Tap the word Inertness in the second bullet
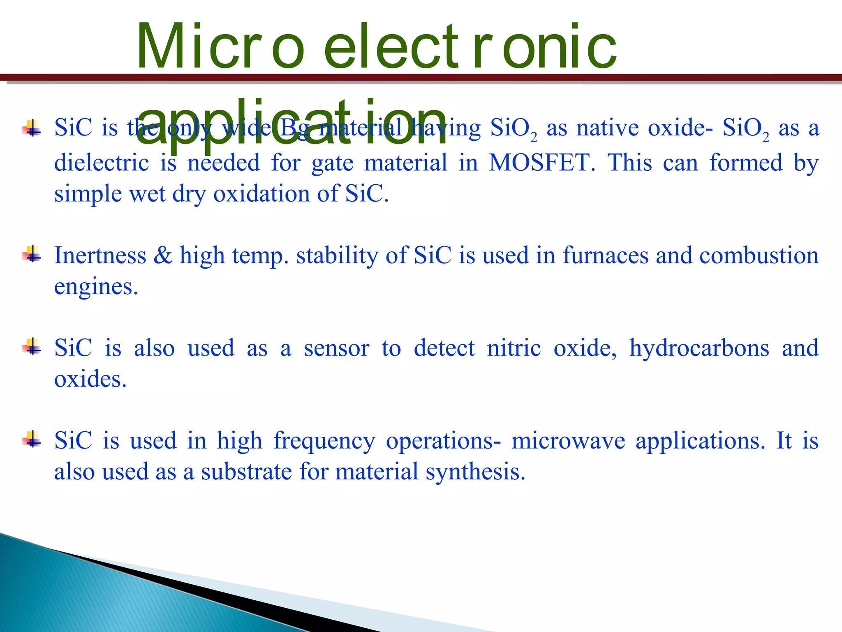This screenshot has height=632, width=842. click(x=100, y=256)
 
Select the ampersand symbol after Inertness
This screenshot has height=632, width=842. click(x=163, y=256)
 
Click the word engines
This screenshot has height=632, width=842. click(x=95, y=287)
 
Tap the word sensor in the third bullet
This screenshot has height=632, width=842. click(x=336, y=348)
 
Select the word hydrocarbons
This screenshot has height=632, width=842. click(x=699, y=348)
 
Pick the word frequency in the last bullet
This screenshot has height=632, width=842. click(x=324, y=441)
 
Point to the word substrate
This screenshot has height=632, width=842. click(x=246, y=472)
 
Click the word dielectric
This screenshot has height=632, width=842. click(x=101, y=163)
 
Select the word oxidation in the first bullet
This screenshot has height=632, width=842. click(x=261, y=193)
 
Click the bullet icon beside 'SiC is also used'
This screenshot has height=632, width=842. click(x=32, y=347)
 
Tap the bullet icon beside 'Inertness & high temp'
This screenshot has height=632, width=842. click(x=32, y=254)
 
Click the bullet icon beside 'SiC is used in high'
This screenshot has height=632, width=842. click(x=32, y=439)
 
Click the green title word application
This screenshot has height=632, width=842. click(x=291, y=123)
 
